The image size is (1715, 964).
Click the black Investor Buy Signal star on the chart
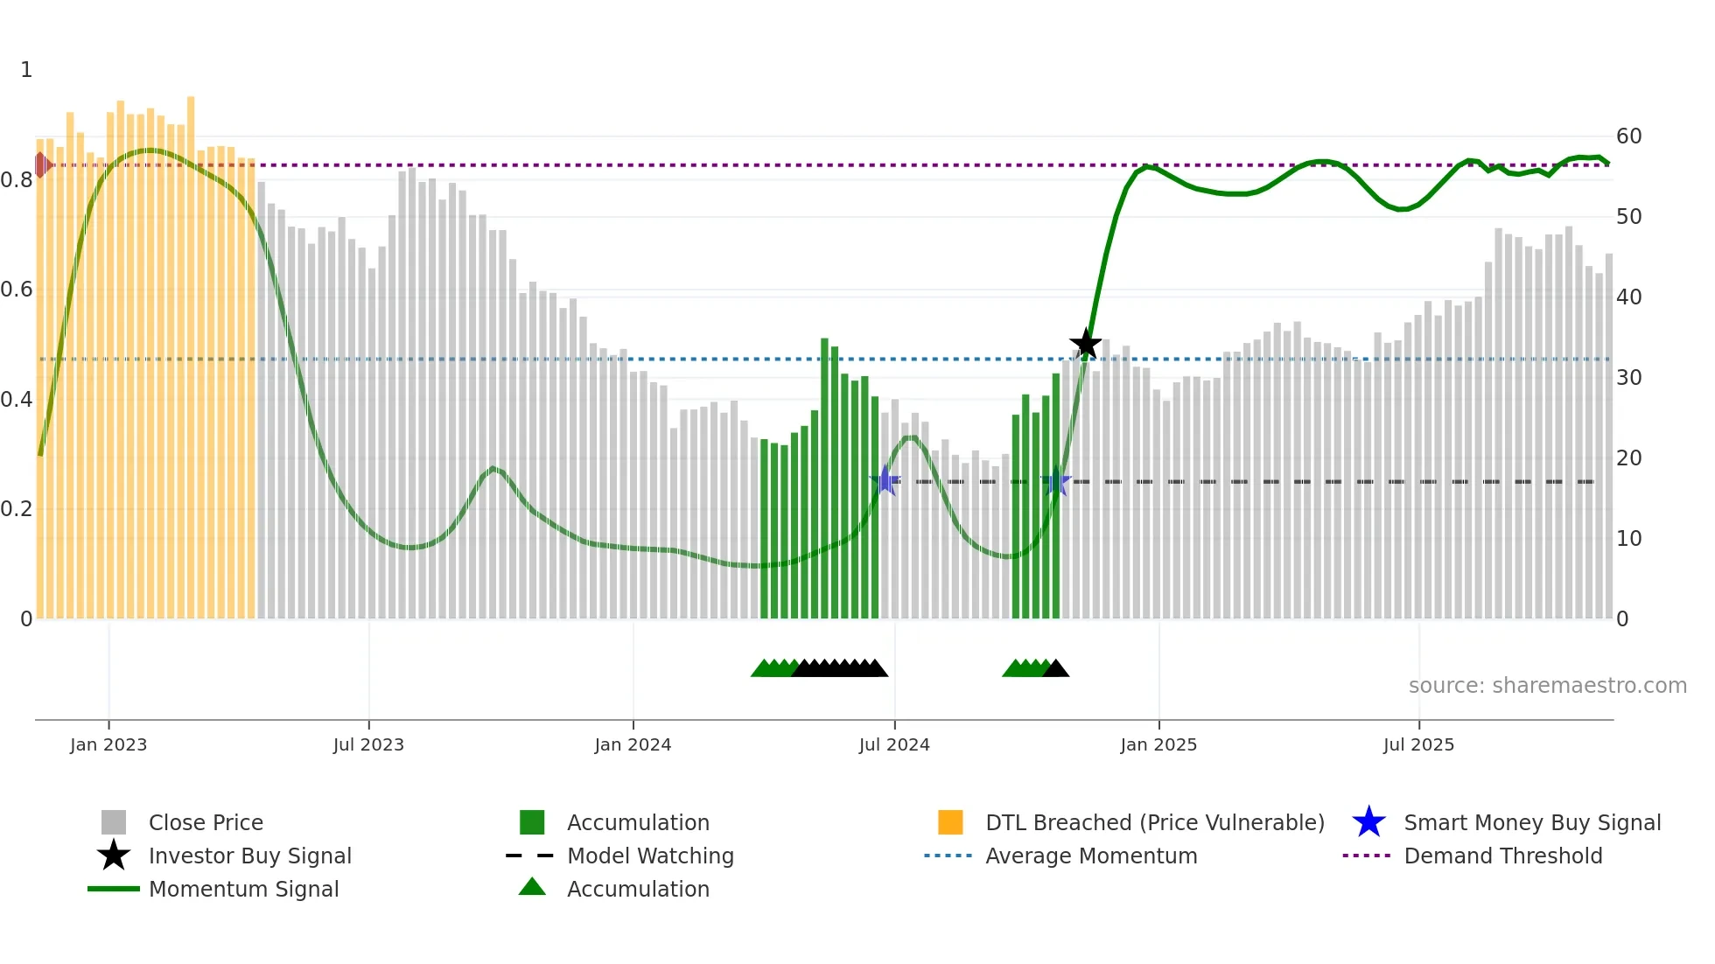click(1085, 344)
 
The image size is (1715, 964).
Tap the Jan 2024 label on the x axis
click(633, 744)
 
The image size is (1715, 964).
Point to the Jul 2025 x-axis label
click(1418, 744)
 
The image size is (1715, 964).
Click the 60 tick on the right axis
click(1628, 136)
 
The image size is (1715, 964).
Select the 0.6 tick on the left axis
click(17, 290)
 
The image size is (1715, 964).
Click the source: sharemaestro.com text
click(1547, 686)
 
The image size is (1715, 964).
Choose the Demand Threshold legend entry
click(1502, 856)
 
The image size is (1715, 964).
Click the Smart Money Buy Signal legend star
click(1368, 822)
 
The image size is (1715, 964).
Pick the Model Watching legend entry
click(650, 856)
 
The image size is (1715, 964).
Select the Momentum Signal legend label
click(243, 889)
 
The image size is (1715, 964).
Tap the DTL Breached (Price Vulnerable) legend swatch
click(950, 822)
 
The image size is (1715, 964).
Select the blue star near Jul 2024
click(885, 480)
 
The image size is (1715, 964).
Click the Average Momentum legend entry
click(1090, 856)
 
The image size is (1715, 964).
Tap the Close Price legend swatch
click(114, 822)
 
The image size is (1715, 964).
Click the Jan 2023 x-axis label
click(108, 744)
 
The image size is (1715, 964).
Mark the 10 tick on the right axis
click(1628, 539)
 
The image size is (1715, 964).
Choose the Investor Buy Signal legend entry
click(249, 856)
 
